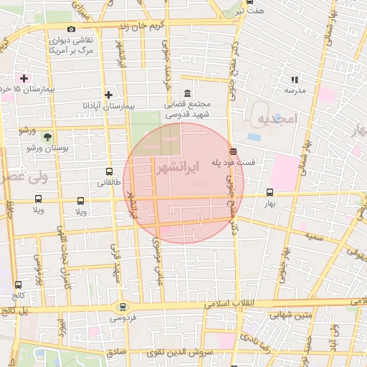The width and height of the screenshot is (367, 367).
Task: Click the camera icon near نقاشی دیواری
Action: (71, 29)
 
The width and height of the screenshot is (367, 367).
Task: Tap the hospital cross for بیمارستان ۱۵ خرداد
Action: (24, 77)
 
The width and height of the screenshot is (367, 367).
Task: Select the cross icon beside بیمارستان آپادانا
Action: (108, 94)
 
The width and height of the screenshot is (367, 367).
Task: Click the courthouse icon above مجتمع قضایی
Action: (187, 92)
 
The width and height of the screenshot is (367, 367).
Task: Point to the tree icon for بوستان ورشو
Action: (48, 136)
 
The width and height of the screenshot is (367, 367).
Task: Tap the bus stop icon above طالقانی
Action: (109, 172)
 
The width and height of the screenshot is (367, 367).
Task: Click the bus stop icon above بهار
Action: (270, 192)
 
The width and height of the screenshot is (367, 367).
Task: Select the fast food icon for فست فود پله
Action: (233, 151)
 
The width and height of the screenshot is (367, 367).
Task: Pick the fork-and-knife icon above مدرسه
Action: (294, 80)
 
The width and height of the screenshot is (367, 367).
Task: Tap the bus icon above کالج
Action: (19, 284)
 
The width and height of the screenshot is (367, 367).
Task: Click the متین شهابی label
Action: (290, 313)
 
